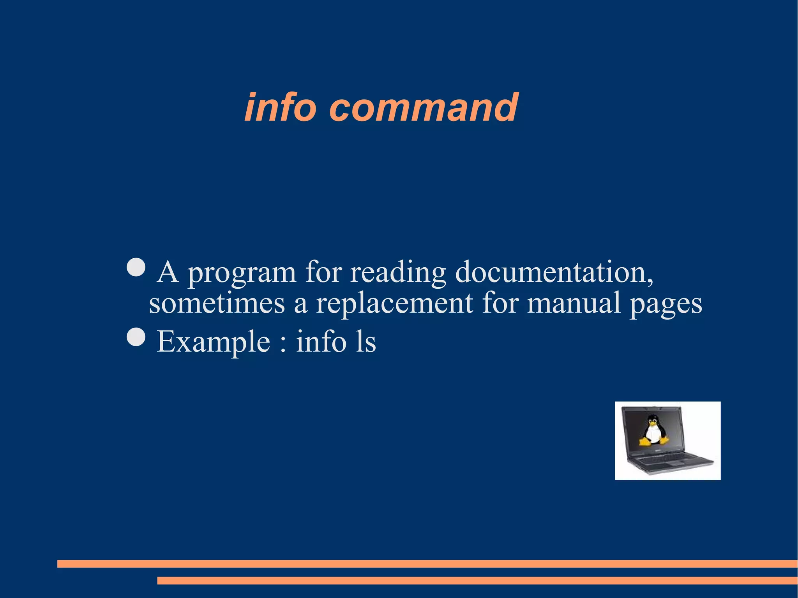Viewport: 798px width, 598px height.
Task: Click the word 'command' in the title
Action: click(x=424, y=108)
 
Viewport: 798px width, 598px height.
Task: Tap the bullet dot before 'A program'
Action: click(x=136, y=267)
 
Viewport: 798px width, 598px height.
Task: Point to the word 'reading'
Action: click(x=398, y=273)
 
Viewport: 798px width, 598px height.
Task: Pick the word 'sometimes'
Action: click(x=217, y=303)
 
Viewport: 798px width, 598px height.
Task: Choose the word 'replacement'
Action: click(x=394, y=303)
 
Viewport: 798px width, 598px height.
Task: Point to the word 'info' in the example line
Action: click(x=321, y=342)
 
